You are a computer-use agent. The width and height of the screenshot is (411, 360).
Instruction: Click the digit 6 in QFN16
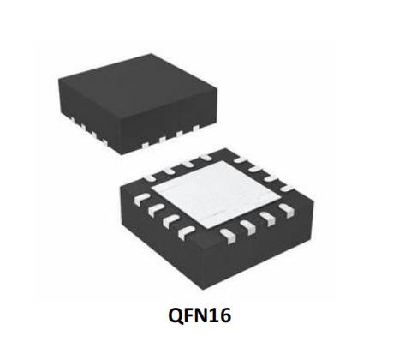[225, 315]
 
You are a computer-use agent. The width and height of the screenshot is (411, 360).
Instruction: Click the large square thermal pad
[217, 195]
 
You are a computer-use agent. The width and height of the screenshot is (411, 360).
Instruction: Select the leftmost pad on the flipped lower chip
[141, 198]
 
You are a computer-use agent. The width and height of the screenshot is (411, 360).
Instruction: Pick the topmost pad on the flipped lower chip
[205, 157]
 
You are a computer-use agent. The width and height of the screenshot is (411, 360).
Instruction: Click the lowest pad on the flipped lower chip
[229, 237]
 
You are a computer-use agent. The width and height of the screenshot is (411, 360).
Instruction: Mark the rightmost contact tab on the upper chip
[195, 128]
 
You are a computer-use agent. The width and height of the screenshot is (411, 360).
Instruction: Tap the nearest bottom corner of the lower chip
[203, 290]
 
